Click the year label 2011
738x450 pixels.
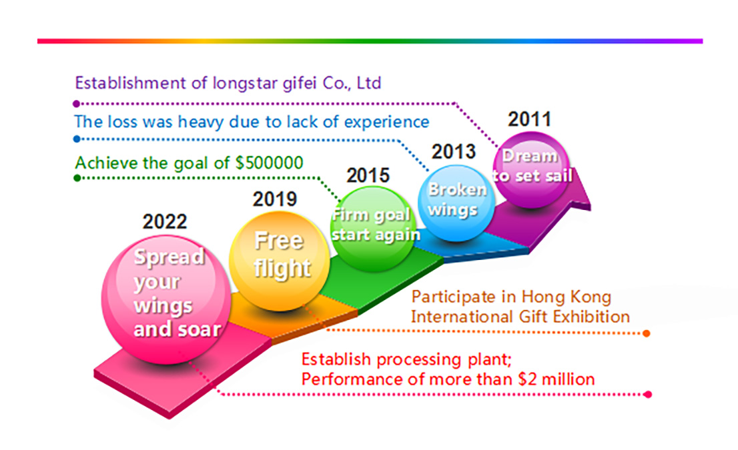coord(530,119)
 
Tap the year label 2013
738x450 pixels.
coord(454,152)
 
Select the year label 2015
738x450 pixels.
coord(368,175)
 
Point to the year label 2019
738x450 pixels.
coord(275,199)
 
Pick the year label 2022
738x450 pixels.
coord(165,221)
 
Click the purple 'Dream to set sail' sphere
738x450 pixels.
coord(531,170)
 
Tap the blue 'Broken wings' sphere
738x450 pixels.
coord(456,203)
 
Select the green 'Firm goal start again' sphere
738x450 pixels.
coord(374,229)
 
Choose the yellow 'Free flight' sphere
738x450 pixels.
coord(279,261)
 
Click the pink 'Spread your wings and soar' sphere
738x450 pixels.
coord(166,299)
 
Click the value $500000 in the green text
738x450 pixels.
coord(269,163)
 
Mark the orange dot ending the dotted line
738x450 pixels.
coord(647,333)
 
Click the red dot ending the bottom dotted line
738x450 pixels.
coord(648,395)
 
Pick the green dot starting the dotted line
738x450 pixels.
coord(77,178)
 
